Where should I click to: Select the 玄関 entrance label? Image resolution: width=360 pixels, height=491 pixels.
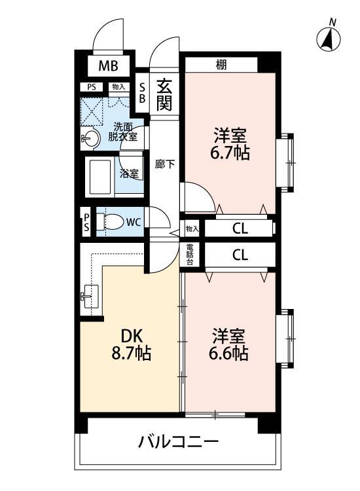[164, 94]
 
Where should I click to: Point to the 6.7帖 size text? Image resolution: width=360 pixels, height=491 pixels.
[228, 154]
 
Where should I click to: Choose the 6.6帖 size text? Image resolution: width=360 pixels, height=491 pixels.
[228, 354]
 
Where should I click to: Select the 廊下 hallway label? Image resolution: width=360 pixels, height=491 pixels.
[164, 164]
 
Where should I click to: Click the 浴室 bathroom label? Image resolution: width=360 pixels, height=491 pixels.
[129, 174]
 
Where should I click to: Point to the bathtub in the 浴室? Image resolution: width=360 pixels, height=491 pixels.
[101, 174]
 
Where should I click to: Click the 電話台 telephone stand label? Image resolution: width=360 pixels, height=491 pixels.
[190, 254]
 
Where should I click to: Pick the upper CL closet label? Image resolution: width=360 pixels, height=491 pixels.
[240, 228]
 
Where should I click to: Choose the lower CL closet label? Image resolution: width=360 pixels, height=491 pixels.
[240, 255]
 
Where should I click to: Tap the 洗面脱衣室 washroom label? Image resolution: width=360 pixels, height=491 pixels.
[124, 132]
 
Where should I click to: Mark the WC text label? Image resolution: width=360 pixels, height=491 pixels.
[133, 222]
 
